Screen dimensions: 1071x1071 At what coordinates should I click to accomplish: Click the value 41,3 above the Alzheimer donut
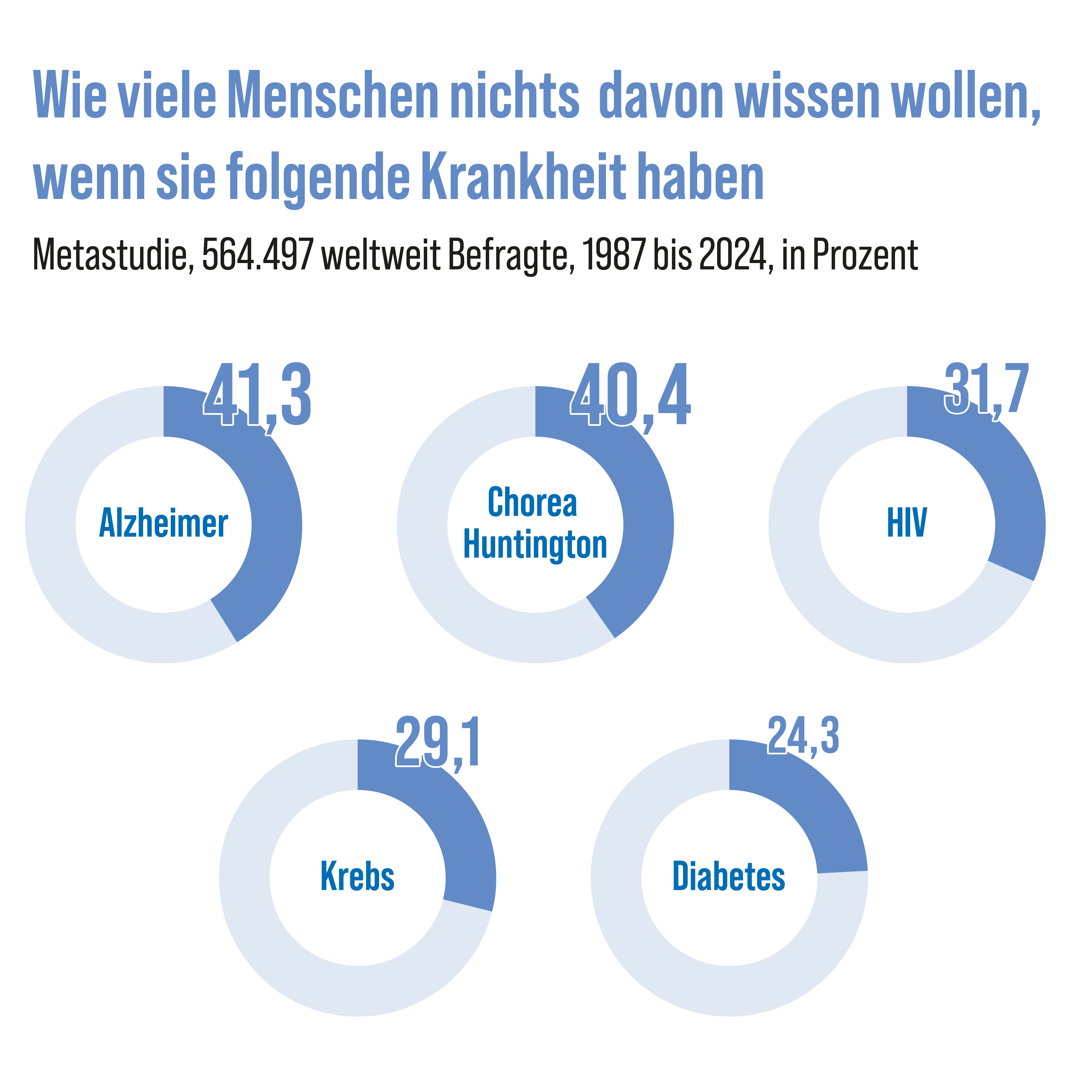click(257, 395)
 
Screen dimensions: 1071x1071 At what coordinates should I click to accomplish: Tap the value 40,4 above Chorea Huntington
click(631, 395)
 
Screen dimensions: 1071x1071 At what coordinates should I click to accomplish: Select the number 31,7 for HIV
click(987, 389)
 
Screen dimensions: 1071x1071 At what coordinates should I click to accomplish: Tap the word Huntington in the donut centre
click(535, 545)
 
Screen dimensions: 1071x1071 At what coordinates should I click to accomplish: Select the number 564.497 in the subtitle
click(258, 255)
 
